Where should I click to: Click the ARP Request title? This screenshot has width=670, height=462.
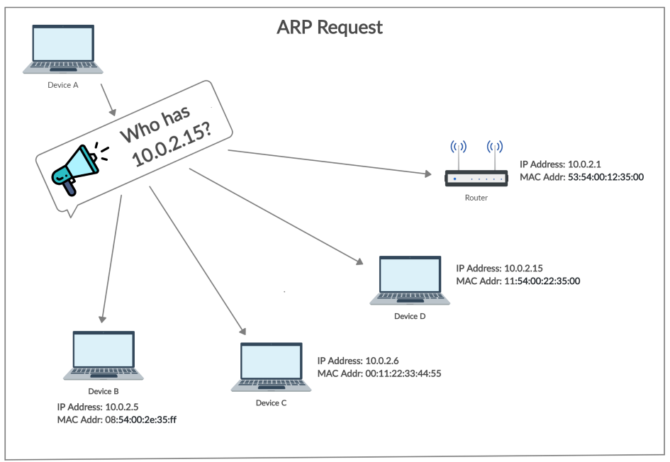pyautogui.click(x=329, y=28)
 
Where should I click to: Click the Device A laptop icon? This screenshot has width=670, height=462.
pyautogui.click(x=62, y=49)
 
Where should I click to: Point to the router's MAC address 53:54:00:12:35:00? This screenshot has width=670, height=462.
pyautogui.click(x=606, y=176)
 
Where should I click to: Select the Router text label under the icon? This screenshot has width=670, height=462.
pyautogui.click(x=476, y=198)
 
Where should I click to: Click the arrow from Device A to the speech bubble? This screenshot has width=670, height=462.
pyautogui.click(x=108, y=99)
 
